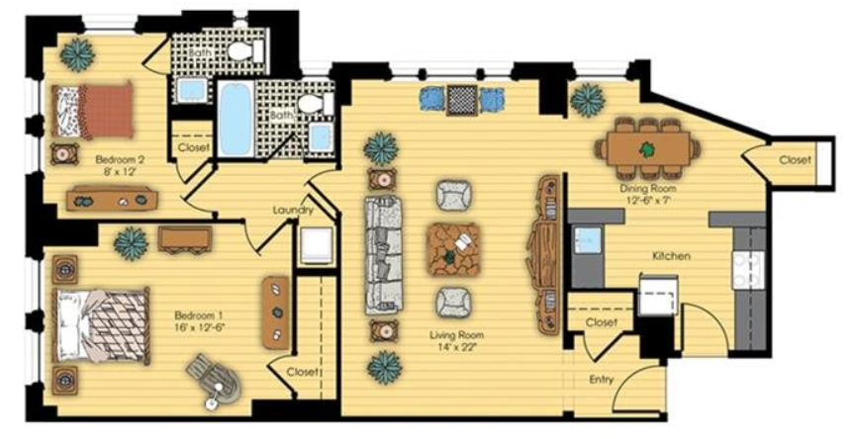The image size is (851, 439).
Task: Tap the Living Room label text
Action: [456, 335]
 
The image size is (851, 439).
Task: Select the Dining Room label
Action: [648, 189]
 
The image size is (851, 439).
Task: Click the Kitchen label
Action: [671, 256]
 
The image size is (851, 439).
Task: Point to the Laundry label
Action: [293, 211]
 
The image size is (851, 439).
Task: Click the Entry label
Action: [601, 380]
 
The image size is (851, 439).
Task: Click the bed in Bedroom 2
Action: [93, 111]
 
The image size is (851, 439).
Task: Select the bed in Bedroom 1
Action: [100, 326]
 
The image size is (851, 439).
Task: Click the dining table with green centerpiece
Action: [647, 148]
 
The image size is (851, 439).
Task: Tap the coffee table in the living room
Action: [453, 249]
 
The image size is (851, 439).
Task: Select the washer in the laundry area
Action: [316, 245]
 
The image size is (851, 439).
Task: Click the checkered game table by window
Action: [462, 99]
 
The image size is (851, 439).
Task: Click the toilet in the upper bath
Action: [245, 51]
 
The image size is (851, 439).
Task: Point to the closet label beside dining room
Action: [796, 160]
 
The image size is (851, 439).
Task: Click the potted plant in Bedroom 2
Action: [77, 54]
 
